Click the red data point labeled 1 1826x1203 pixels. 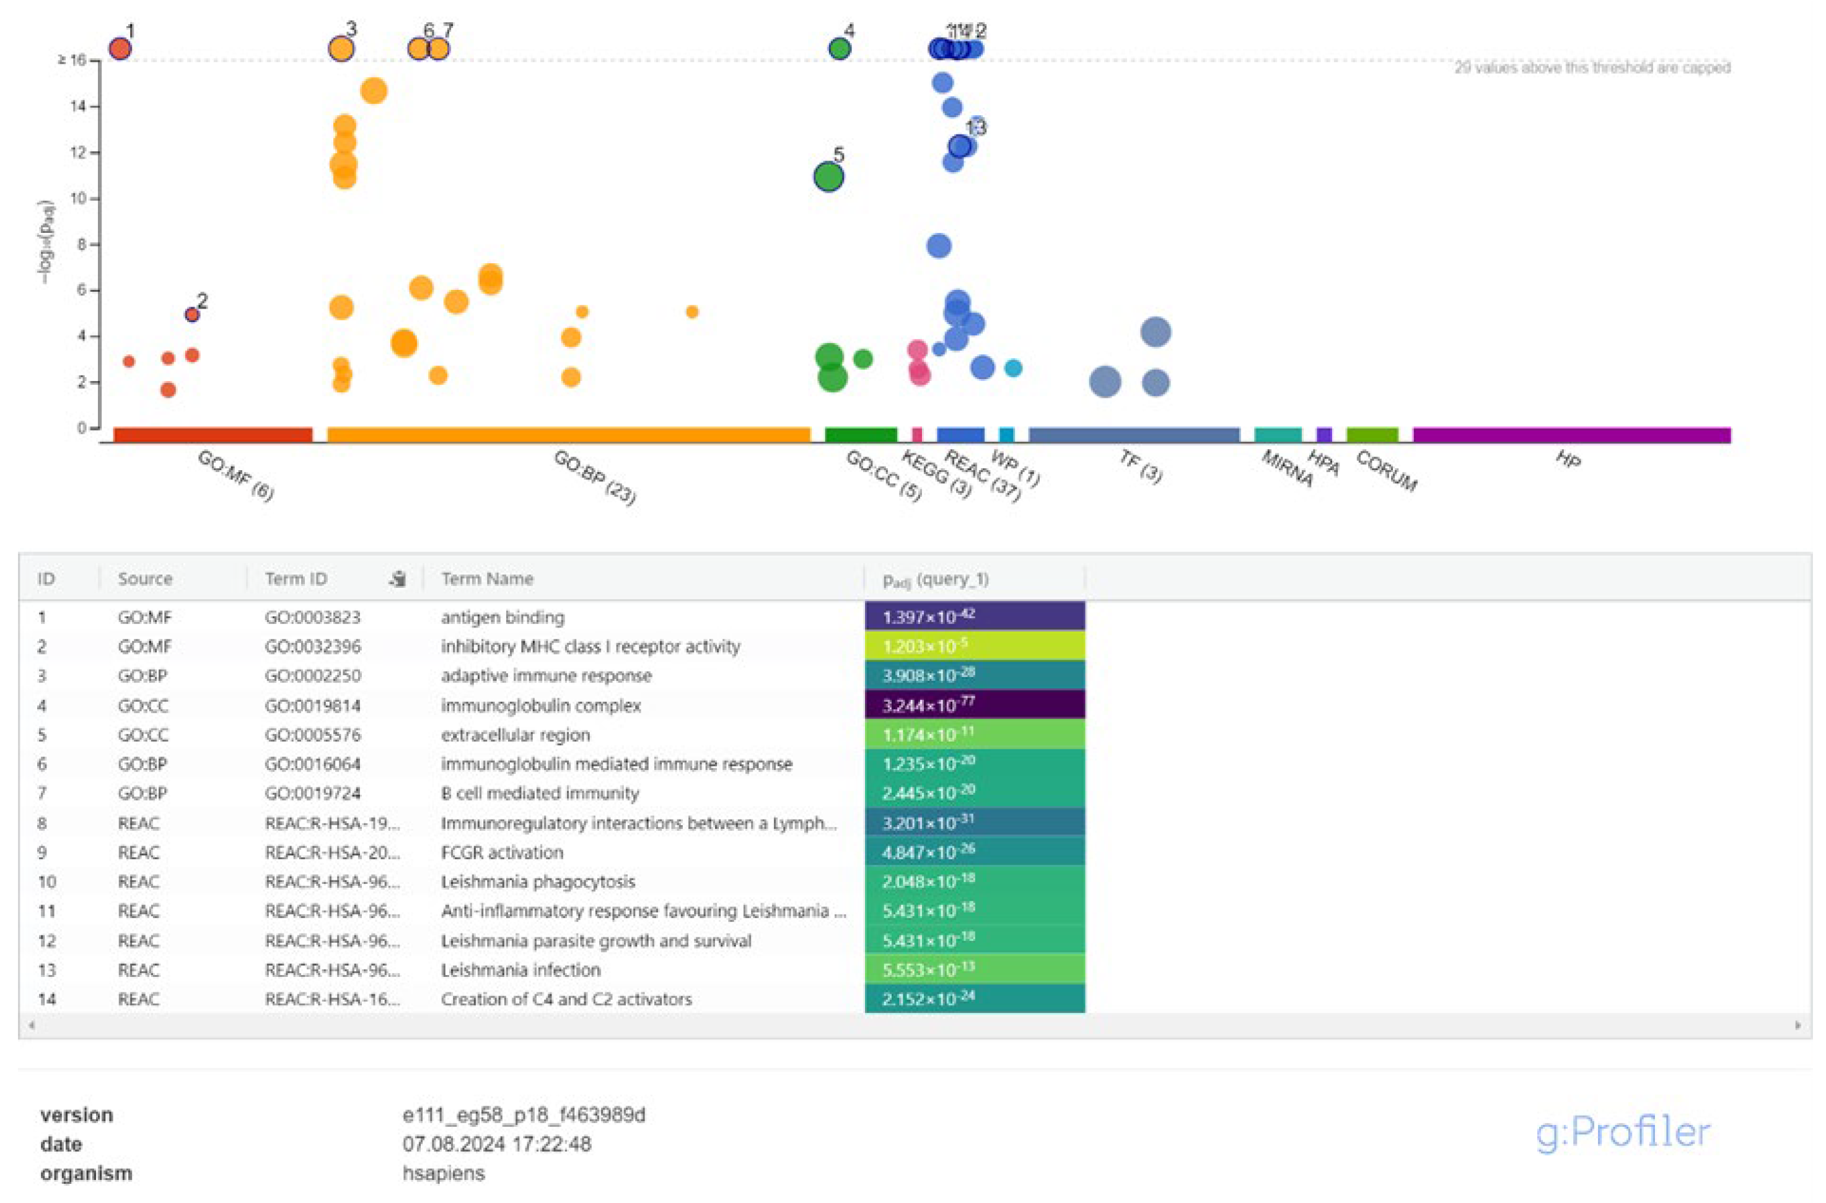[x=120, y=48]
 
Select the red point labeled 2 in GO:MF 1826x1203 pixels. [x=192, y=315]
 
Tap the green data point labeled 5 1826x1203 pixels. [x=828, y=177]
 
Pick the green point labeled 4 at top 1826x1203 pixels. [x=840, y=48]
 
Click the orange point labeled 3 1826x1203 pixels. [x=341, y=48]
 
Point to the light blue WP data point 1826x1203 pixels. [x=1014, y=368]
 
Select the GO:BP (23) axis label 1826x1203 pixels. [x=595, y=477]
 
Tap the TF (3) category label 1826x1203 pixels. [x=1141, y=466]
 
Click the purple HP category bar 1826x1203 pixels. [x=1571, y=435]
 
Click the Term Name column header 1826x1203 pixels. [x=487, y=579]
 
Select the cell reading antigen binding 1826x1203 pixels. [x=503, y=617]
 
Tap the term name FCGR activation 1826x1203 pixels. [x=502, y=852]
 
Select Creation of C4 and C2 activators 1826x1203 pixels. [x=566, y=999]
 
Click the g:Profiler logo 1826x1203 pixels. [x=1623, y=1132]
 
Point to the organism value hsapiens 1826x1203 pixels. [x=444, y=1173]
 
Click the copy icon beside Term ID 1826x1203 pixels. [x=397, y=579]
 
